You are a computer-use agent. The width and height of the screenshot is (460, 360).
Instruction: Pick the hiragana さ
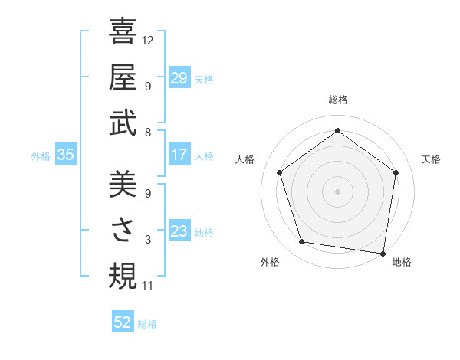pos(123,231)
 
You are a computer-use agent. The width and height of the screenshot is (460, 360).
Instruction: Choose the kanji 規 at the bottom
pos(123,276)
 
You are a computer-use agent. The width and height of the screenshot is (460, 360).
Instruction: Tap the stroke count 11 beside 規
pos(148,286)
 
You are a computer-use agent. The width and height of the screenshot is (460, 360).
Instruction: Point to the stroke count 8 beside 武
pos(147,133)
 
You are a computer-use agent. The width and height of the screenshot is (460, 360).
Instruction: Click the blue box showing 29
pos(179,77)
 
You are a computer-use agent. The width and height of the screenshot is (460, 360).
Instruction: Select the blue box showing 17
pos(179,155)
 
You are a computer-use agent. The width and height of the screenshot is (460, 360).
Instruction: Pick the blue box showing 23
pos(179,231)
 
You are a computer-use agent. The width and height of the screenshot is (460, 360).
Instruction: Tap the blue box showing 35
pos(66,155)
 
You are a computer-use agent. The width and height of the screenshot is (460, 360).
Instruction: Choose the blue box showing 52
pos(123,322)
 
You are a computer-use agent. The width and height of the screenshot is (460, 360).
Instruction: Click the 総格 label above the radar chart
pos(337,100)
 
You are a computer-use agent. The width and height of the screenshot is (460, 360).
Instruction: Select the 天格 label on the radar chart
pos(431,159)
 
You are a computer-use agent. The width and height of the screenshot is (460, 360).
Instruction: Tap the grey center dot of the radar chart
pos(337,191)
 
